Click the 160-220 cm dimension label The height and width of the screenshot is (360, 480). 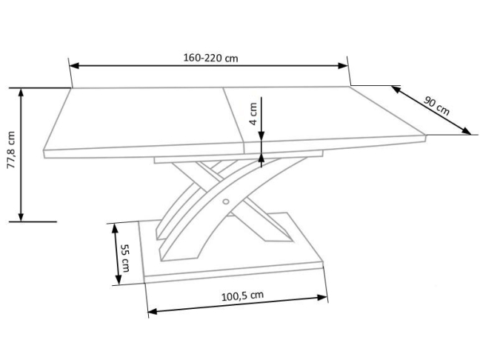point(210,58)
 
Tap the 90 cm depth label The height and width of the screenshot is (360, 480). point(437,106)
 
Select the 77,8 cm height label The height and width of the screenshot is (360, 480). point(11,150)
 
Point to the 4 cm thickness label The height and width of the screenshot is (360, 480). point(253,113)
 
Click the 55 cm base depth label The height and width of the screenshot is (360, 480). point(125,258)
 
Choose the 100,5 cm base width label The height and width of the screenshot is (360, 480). point(242,296)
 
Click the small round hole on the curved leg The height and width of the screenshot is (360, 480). point(226,201)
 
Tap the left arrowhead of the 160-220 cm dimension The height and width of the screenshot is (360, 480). point(74,66)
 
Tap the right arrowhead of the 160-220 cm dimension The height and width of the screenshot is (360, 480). point(343,65)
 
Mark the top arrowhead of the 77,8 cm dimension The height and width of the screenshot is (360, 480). point(21,93)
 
